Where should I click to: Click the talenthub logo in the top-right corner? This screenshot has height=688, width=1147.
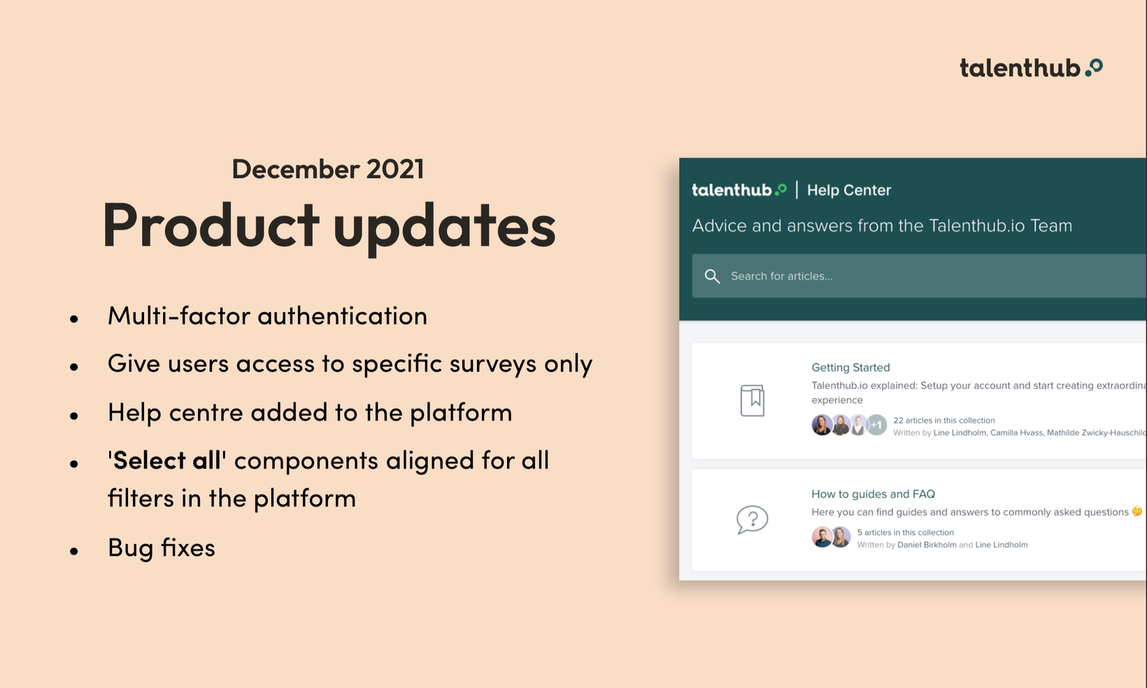pyautogui.click(x=1031, y=68)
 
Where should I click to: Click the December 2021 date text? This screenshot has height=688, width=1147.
pyautogui.click(x=328, y=169)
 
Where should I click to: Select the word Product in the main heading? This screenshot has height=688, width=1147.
pyautogui.click(x=211, y=224)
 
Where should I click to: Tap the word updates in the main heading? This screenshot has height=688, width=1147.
pyautogui.click(x=445, y=229)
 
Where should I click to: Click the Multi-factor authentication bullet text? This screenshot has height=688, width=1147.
pyautogui.click(x=267, y=315)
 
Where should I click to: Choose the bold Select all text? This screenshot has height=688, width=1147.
pyautogui.click(x=166, y=459)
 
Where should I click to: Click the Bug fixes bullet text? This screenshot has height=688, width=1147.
pyautogui.click(x=162, y=547)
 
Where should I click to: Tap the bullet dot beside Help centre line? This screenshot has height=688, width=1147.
pyautogui.click(x=74, y=415)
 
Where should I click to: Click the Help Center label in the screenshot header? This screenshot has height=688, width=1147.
pyautogui.click(x=848, y=190)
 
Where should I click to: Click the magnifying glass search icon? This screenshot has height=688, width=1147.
pyautogui.click(x=712, y=276)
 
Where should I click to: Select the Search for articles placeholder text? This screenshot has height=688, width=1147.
pyautogui.click(x=781, y=276)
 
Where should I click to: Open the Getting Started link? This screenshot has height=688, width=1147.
pyautogui.click(x=850, y=368)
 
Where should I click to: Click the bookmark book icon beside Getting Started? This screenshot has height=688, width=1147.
pyautogui.click(x=753, y=401)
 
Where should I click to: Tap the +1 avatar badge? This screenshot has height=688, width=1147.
pyautogui.click(x=876, y=425)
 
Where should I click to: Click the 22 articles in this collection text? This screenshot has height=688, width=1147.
pyautogui.click(x=943, y=420)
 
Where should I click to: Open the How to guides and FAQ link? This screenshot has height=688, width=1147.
pyautogui.click(x=873, y=494)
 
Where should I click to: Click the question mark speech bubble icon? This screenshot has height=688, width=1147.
pyautogui.click(x=753, y=519)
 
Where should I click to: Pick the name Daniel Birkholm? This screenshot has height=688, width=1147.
pyautogui.click(x=927, y=545)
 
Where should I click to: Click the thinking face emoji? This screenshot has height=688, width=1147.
pyautogui.click(x=1137, y=511)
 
